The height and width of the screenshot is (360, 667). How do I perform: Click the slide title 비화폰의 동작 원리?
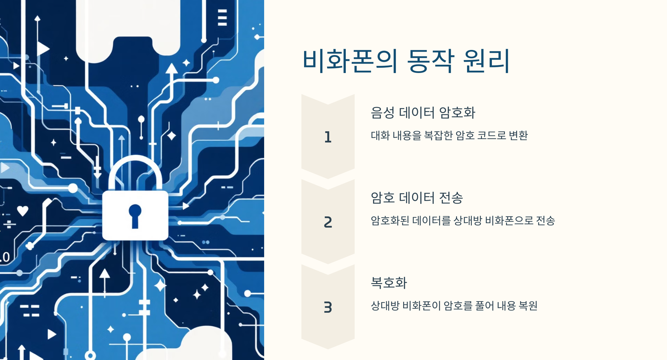pyautogui.click(x=406, y=61)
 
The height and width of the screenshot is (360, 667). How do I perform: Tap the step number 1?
pyautogui.click(x=328, y=137)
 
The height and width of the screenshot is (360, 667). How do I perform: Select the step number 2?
pyautogui.click(x=328, y=222)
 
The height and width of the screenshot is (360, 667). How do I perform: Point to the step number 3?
pyautogui.click(x=328, y=307)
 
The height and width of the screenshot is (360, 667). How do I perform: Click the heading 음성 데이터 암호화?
pyautogui.click(x=423, y=113)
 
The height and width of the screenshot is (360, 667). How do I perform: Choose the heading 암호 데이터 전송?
pyautogui.click(x=416, y=198)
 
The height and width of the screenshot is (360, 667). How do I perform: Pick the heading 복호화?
pyautogui.click(x=389, y=283)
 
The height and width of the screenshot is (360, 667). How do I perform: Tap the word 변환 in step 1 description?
pyautogui.click(x=518, y=135)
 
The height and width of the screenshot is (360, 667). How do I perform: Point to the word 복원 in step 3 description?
pyautogui.click(x=528, y=306)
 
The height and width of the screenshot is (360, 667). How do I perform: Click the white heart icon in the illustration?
pyautogui.click(x=22, y=210)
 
